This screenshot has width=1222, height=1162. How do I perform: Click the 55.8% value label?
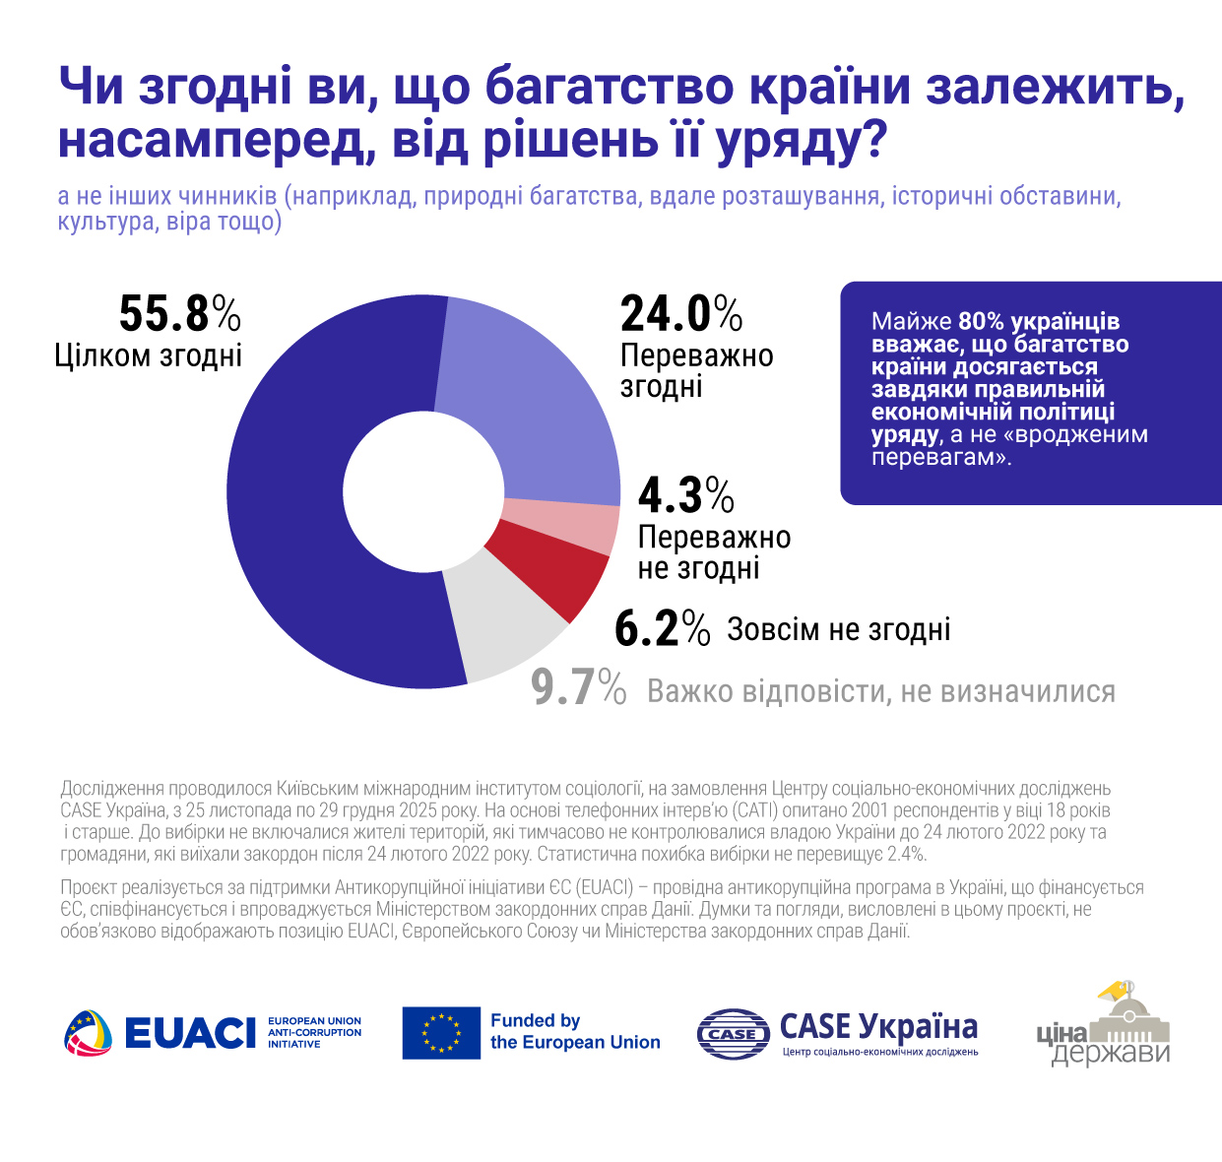click(179, 314)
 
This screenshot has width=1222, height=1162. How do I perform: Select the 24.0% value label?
click(680, 314)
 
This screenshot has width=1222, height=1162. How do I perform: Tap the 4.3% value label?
click(685, 495)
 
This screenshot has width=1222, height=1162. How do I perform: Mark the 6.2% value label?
click(662, 629)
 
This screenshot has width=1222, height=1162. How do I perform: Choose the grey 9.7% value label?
click(578, 688)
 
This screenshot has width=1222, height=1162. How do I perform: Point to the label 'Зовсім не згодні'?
click(839, 629)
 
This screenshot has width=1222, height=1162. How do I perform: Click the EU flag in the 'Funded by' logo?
click(441, 1032)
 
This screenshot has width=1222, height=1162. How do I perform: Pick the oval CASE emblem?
click(733, 1033)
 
